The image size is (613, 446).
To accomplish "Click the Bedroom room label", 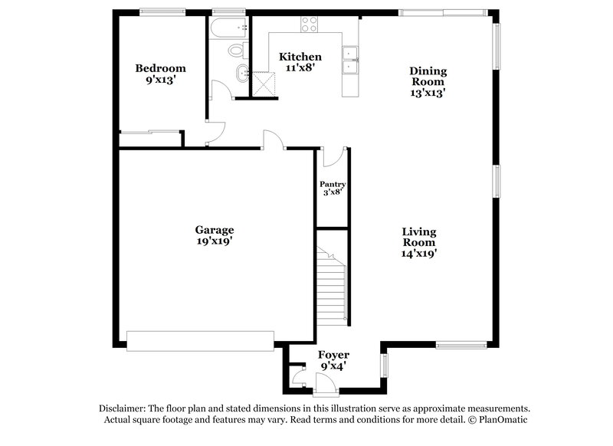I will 161,68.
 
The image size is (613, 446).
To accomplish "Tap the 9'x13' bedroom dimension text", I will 161,80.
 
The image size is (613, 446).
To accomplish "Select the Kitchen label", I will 300,57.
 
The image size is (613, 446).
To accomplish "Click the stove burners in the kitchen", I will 309,25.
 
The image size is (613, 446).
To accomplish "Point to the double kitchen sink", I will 351,61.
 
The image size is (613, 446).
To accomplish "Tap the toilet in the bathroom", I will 236,51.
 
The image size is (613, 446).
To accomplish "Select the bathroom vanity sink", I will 241,75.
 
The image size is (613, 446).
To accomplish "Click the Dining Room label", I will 428,77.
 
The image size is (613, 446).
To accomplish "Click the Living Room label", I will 420,237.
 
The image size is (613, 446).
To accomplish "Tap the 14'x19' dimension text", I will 420,252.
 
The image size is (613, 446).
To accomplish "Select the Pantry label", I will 333,185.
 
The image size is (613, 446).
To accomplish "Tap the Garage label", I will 214,230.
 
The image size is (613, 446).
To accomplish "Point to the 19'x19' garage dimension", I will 214,241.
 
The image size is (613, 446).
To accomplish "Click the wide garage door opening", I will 200,341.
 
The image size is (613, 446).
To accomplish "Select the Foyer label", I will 333,356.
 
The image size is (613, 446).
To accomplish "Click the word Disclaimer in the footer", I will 124,409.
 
